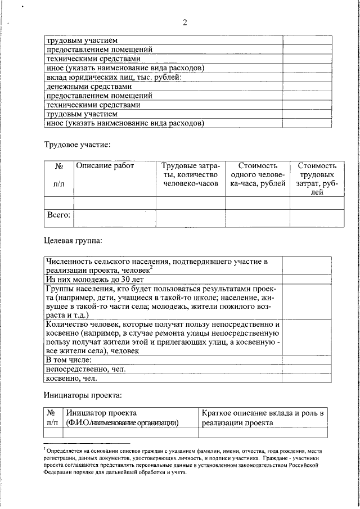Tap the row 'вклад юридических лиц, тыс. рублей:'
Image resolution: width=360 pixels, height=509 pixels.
click(112, 78)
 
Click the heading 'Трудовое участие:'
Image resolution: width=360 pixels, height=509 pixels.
click(78, 145)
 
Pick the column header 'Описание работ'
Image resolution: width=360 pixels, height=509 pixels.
click(102, 166)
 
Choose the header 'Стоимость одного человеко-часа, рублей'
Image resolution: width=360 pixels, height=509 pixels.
click(258, 175)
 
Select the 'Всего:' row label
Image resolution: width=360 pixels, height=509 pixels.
click(58, 215)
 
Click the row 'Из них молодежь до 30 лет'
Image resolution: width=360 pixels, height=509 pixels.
click(95, 279)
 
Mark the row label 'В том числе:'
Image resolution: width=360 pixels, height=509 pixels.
click(69, 359)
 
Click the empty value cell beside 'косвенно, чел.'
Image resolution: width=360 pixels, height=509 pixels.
click(304, 379)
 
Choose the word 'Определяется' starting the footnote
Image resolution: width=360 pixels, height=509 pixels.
click(65, 451)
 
